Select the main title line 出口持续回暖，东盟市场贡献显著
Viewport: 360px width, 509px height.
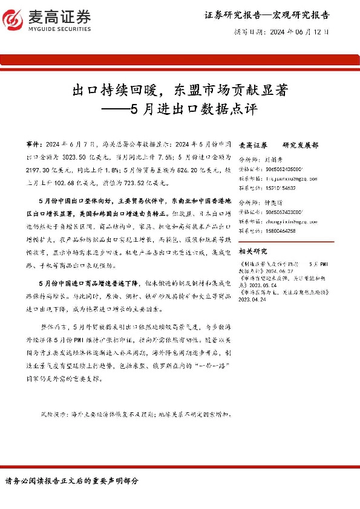click(179, 91)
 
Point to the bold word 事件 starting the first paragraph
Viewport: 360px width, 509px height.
click(34, 146)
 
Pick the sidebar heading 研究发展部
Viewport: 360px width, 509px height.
click(300, 146)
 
